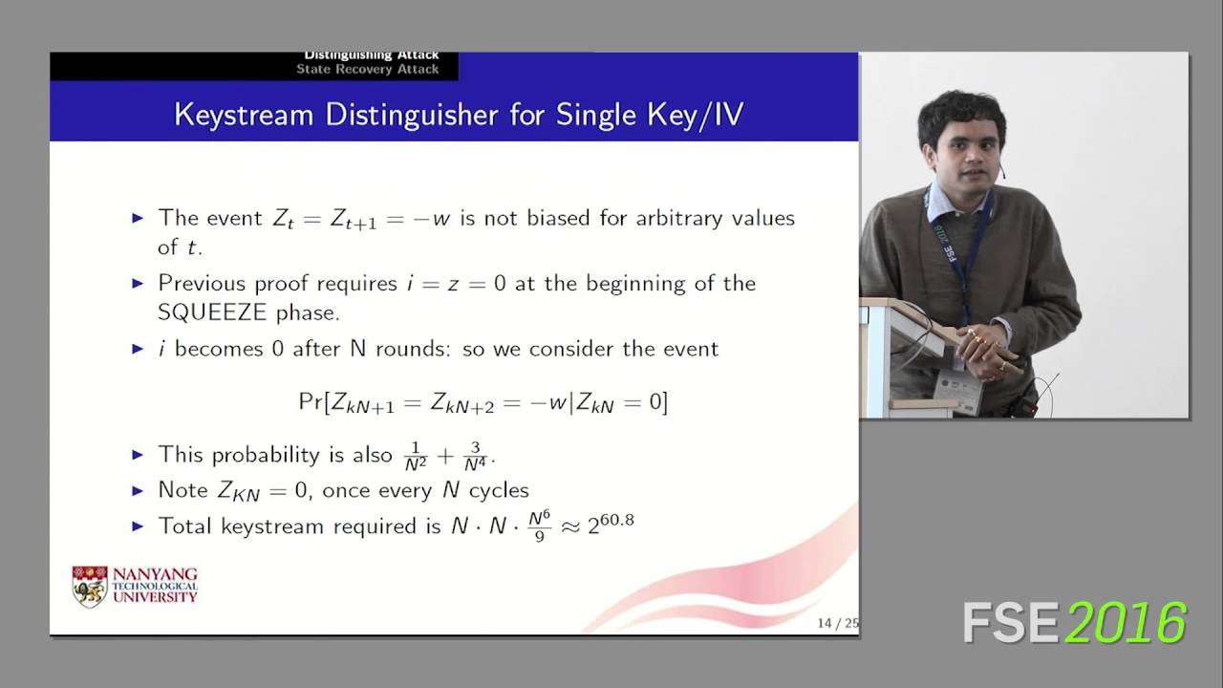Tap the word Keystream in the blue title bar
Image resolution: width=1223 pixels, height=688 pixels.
244,116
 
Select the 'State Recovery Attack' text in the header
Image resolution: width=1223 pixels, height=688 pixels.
368,69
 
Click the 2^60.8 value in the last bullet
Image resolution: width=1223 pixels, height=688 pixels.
611,524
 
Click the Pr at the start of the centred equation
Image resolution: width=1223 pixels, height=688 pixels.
311,402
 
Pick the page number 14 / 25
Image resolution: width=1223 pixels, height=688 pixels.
837,624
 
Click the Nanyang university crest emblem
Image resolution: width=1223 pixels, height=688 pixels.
90,586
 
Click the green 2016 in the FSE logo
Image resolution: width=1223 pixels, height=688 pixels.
1126,623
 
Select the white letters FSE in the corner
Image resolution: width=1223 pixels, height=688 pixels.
1010,623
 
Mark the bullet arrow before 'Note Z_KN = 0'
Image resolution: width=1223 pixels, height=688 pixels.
138,490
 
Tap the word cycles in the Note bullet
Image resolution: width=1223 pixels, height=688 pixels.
498,490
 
